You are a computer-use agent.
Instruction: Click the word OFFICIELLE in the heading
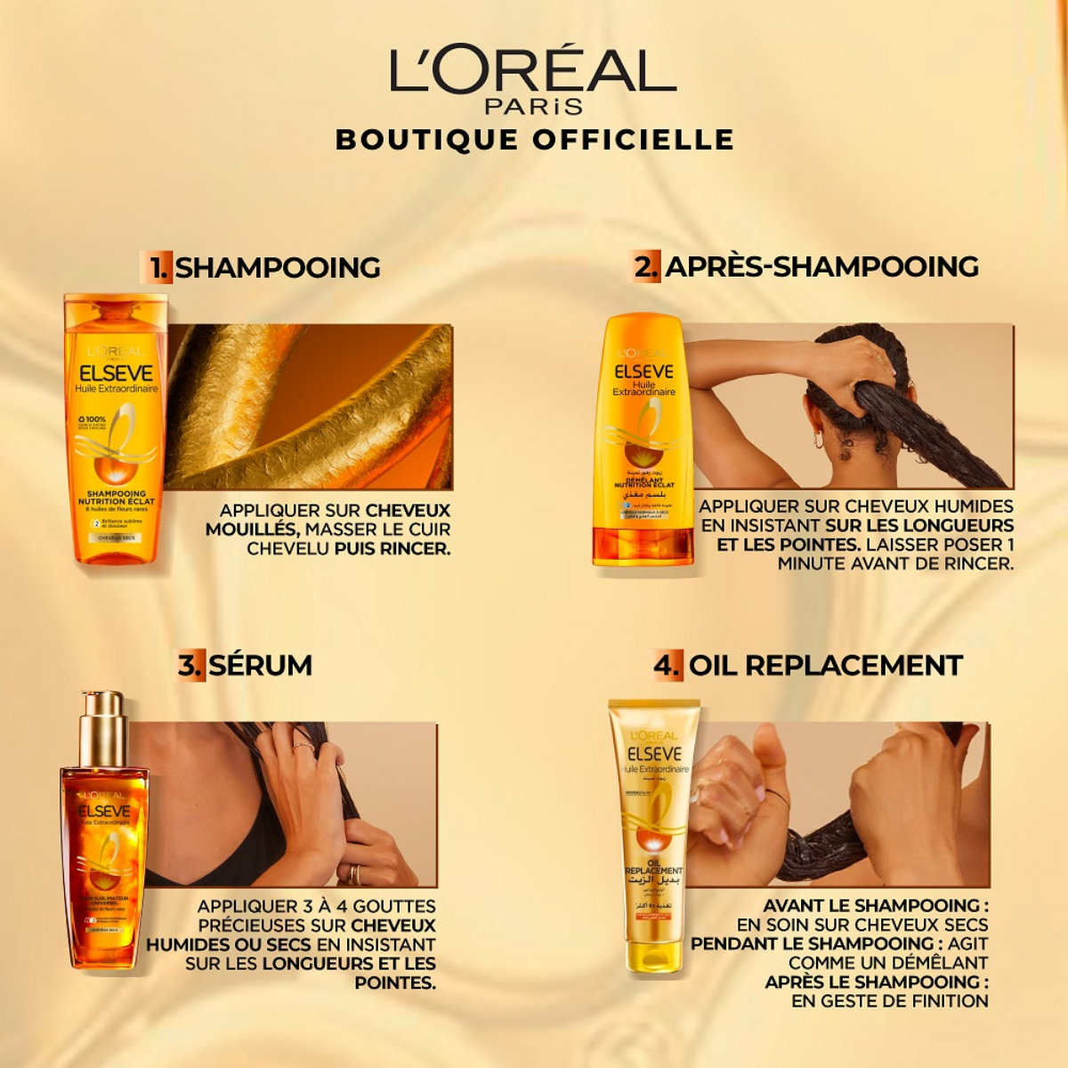pyautogui.click(x=634, y=140)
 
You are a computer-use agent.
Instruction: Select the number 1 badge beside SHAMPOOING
pyautogui.click(x=158, y=267)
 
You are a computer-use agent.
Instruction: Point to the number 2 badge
pyautogui.click(x=646, y=266)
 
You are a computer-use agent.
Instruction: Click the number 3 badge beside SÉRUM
pyautogui.click(x=190, y=665)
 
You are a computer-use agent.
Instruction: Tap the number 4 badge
pyautogui.click(x=668, y=665)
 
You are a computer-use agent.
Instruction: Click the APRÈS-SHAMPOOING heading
pyautogui.click(x=821, y=266)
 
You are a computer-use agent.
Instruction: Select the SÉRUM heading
pyautogui.click(x=260, y=665)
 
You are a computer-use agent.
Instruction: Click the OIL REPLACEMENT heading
pyautogui.click(x=825, y=665)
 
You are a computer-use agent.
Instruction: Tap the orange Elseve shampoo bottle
pyautogui.click(x=116, y=427)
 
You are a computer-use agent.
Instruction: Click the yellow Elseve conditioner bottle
pyautogui.click(x=643, y=441)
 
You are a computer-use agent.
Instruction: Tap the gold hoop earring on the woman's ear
pyautogui.click(x=818, y=440)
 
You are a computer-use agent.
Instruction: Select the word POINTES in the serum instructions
pyautogui.click(x=395, y=983)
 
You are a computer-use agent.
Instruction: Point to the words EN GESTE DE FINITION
pyautogui.click(x=890, y=1000)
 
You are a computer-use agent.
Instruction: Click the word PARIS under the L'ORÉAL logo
pyautogui.click(x=533, y=107)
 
